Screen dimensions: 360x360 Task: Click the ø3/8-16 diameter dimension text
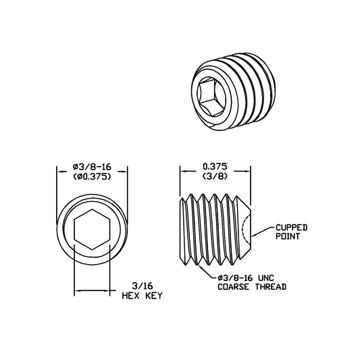click(92, 167)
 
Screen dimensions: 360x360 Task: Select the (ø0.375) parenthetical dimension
click(92, 177)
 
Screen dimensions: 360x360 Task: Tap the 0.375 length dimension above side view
click(215, 166)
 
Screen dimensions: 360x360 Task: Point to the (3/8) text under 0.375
click(215, 176)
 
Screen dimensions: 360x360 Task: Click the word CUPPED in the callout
click(291, 228)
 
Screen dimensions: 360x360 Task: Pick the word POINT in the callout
click(288, 236)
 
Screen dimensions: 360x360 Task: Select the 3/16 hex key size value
click(143, 286)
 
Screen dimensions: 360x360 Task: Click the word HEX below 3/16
click(130, 295)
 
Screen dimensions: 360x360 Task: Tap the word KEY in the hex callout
click(154, 295)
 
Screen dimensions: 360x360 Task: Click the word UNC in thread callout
click(266, 278)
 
